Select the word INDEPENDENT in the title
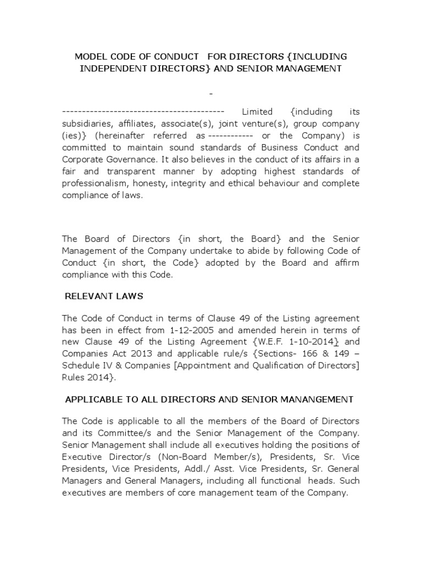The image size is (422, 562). (114, 69)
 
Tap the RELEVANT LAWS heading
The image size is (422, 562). (104, 296)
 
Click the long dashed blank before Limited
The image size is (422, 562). (143, 111)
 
